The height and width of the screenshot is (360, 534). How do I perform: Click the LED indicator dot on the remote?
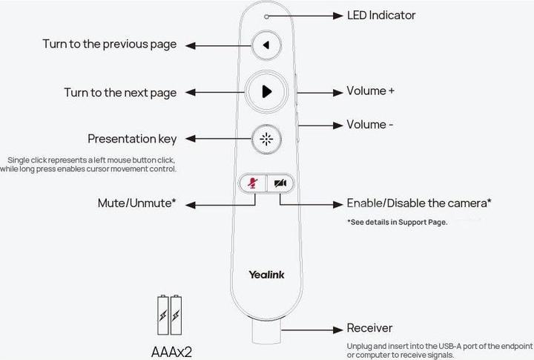[x=266, y=16]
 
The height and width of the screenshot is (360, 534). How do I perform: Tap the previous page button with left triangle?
[x=266, y=45]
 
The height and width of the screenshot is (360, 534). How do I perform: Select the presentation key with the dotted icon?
[x=266, y=138]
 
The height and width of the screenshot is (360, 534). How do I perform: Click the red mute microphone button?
[x=252, y=183]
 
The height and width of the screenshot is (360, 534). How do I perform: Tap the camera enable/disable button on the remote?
[x=280, y=183]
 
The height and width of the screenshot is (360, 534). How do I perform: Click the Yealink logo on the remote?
[x=266, y=274]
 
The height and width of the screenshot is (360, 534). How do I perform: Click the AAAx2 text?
[x=170, y=348]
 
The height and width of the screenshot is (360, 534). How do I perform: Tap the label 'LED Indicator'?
[x=381, y=16]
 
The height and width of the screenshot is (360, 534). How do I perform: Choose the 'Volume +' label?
[x=371, y=91]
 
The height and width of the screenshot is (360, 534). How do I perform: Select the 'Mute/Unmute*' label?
[x=136, y=203]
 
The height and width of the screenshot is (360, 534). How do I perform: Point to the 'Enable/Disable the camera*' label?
[x=419, y=203]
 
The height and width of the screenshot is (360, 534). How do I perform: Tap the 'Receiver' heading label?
[x=369, y=328]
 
